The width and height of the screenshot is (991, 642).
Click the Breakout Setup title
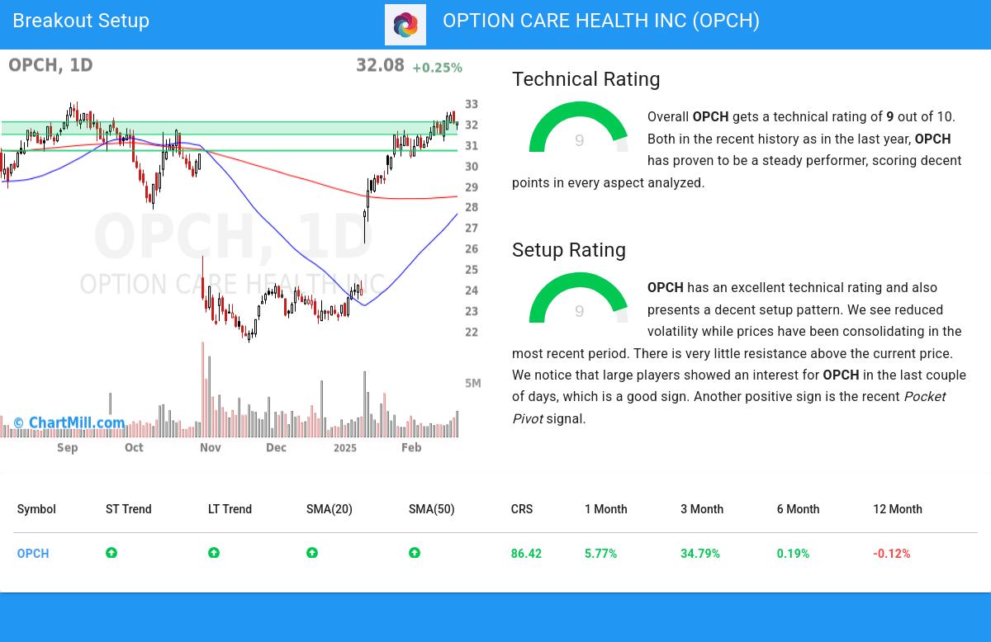(81, 21)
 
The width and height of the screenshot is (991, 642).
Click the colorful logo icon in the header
(405, 25)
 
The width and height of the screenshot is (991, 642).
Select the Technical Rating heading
(586, 79)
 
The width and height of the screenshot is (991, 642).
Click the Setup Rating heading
(568, 250)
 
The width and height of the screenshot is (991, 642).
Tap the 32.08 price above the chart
(380, 65)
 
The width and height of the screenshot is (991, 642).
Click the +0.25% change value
(437, 68)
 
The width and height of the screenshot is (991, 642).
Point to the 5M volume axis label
(472, 383)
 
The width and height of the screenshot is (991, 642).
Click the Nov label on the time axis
(210, 447)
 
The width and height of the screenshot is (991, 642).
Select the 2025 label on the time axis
(344, 447)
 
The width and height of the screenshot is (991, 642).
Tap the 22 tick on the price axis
(472, 333)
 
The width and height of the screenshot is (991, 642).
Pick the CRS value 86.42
(526, 554)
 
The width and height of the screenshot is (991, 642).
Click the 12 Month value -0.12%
(891, 554)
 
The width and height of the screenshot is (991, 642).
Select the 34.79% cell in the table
(699, 554)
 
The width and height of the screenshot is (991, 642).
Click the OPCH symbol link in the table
(33, 554)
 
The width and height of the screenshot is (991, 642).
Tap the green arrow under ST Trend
(111, 553)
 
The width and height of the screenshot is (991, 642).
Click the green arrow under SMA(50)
(415, 553)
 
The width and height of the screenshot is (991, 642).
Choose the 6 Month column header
(798, 509)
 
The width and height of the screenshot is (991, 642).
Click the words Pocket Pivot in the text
(924, 397)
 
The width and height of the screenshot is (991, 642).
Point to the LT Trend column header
(230, 509)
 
